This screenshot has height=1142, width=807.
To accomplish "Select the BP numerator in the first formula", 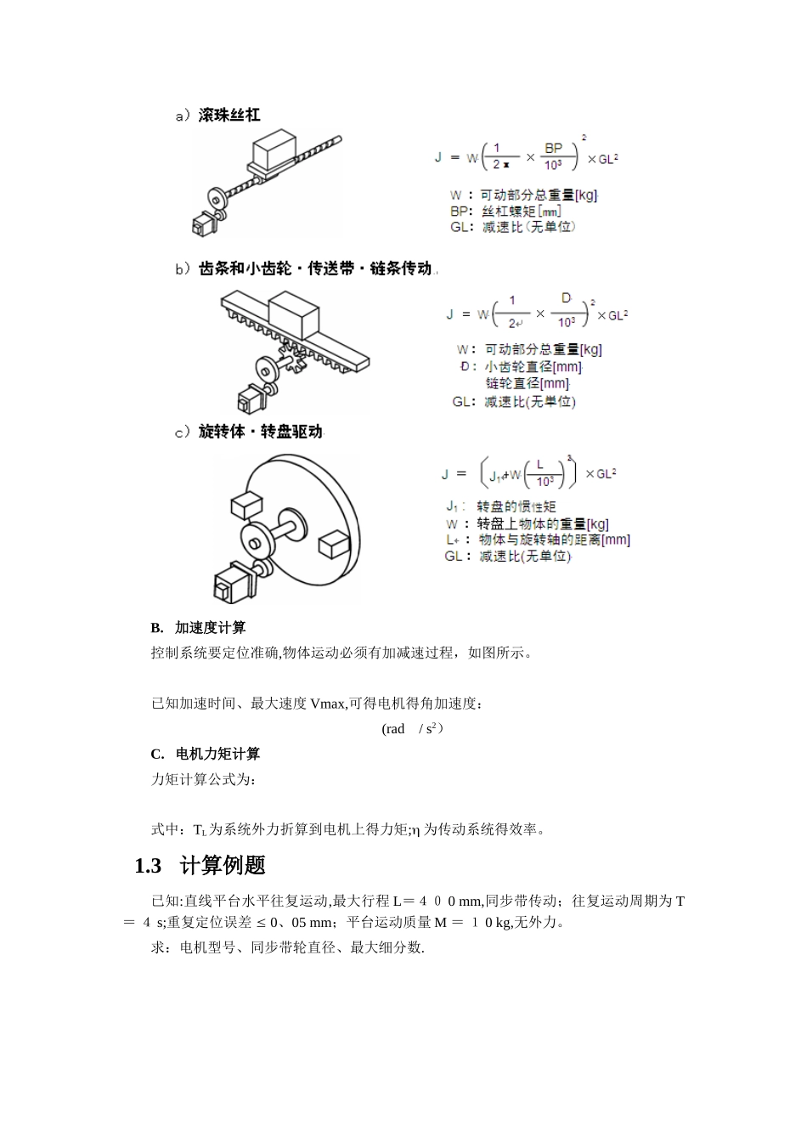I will point(553,149).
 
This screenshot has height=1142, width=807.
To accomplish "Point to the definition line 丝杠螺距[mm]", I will point(521,212).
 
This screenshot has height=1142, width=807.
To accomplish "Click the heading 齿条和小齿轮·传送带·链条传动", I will point(314,269).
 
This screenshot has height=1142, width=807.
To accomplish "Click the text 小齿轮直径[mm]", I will point(533,367).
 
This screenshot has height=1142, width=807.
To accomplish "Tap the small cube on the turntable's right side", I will point(332,544).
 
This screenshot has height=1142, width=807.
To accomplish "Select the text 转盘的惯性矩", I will point(516,507).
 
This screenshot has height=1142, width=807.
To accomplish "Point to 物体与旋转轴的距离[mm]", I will point(554,540).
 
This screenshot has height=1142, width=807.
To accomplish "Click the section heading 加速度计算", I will point(210,628).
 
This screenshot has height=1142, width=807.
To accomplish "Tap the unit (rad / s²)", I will point(412,729).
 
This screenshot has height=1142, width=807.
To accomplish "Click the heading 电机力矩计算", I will point(217,754).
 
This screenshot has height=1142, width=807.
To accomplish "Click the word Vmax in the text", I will point(328,704).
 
